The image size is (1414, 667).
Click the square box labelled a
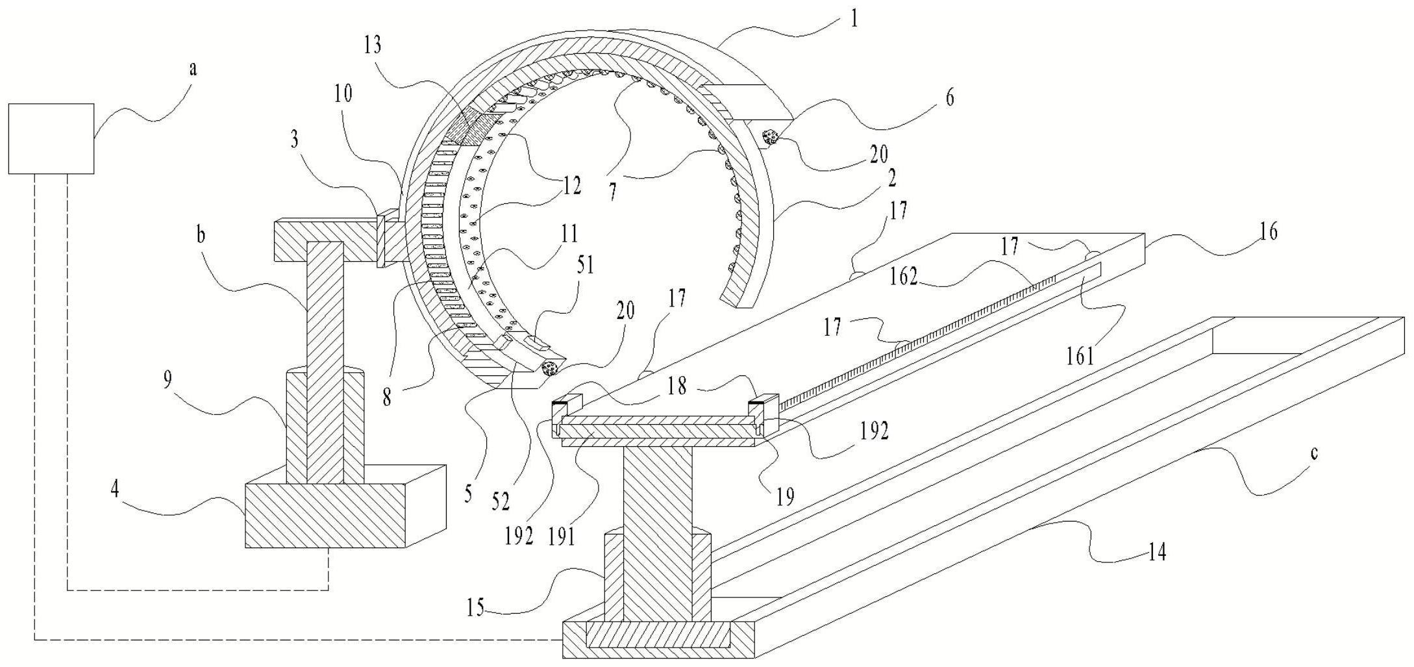(x=51, y=138)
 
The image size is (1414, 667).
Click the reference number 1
(x=854, y=19)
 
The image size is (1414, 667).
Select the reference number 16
(x=1268, y=231)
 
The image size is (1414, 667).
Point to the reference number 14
(x=1157, y=553)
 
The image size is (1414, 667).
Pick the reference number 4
(x=115, y=490)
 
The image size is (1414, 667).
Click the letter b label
(x=201, y=235)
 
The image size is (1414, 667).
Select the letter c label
(x=1314, y=453)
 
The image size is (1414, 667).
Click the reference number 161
(x=1080, y=356)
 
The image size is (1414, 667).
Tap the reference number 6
(x=949, y=98)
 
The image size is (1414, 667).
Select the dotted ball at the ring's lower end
(x=549, y=368)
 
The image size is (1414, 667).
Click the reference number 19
(x=785, y=497)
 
